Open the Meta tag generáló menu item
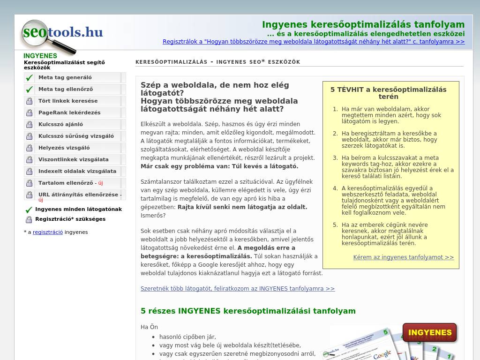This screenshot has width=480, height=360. click(65, 77)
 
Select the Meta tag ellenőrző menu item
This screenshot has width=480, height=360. click(66, 89)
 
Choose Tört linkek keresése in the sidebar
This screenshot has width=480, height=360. click(68, 101)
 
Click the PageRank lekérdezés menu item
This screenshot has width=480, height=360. click(69, 112)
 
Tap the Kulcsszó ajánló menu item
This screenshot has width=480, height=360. click(60, 124)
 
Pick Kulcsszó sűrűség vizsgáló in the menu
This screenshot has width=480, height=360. click(76, 136)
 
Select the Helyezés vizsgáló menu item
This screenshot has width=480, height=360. click(64, 148)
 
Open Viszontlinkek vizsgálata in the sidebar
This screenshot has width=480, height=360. click(73, 159)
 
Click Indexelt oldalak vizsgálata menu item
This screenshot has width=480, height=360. click(77, 171)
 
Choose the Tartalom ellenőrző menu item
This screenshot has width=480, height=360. click(66, 183)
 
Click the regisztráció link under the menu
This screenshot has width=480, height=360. click(47, 232)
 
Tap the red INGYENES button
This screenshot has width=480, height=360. click(429, 332)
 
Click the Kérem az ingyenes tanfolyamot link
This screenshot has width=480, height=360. click(404, 257)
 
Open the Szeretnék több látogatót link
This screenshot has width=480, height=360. click(238, 289)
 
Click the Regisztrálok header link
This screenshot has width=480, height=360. click(314, 42)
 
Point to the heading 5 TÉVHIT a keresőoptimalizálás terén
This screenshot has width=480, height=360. click(388, 93)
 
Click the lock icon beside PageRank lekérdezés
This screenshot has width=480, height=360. click(30, 112)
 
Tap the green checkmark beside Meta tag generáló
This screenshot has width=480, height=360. click(30, 78)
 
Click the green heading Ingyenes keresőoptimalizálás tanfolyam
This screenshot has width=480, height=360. click(363, 24)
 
